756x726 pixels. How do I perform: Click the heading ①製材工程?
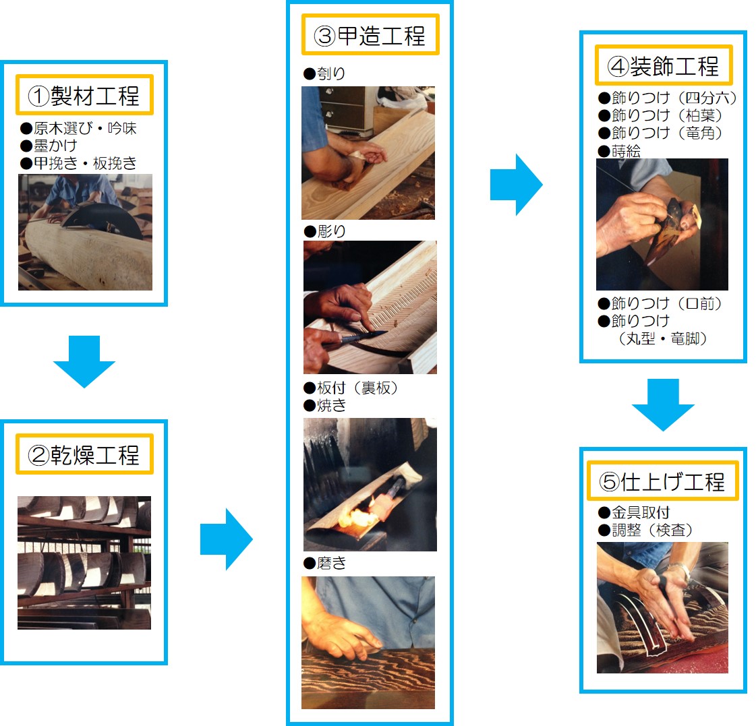click(84, 96)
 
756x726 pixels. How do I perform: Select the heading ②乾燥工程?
click(84, 454)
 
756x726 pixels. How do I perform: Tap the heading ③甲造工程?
click(370, 35)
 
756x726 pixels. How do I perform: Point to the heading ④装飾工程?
click(663, 65)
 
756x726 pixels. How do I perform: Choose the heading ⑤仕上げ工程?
click(662, 481)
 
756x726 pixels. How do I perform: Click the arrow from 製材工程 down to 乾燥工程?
click(84, 361)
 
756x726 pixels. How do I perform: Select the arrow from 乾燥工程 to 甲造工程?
click(226, 539)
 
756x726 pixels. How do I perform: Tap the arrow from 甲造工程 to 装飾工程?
click(517, 185)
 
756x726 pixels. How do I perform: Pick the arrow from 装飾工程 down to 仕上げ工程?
click(663, 405)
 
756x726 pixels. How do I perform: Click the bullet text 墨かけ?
click(55, 146)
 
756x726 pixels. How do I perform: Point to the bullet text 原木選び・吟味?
click(85, 128)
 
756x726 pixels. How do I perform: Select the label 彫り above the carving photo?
click(331, 231)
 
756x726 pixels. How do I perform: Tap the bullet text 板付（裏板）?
click(357, 388)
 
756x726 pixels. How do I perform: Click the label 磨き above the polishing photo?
click(331, 563)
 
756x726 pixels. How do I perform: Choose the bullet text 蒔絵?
click(626, 152)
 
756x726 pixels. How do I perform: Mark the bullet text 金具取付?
click(641, 512)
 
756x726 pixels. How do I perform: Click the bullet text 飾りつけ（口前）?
click(667, 304)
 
